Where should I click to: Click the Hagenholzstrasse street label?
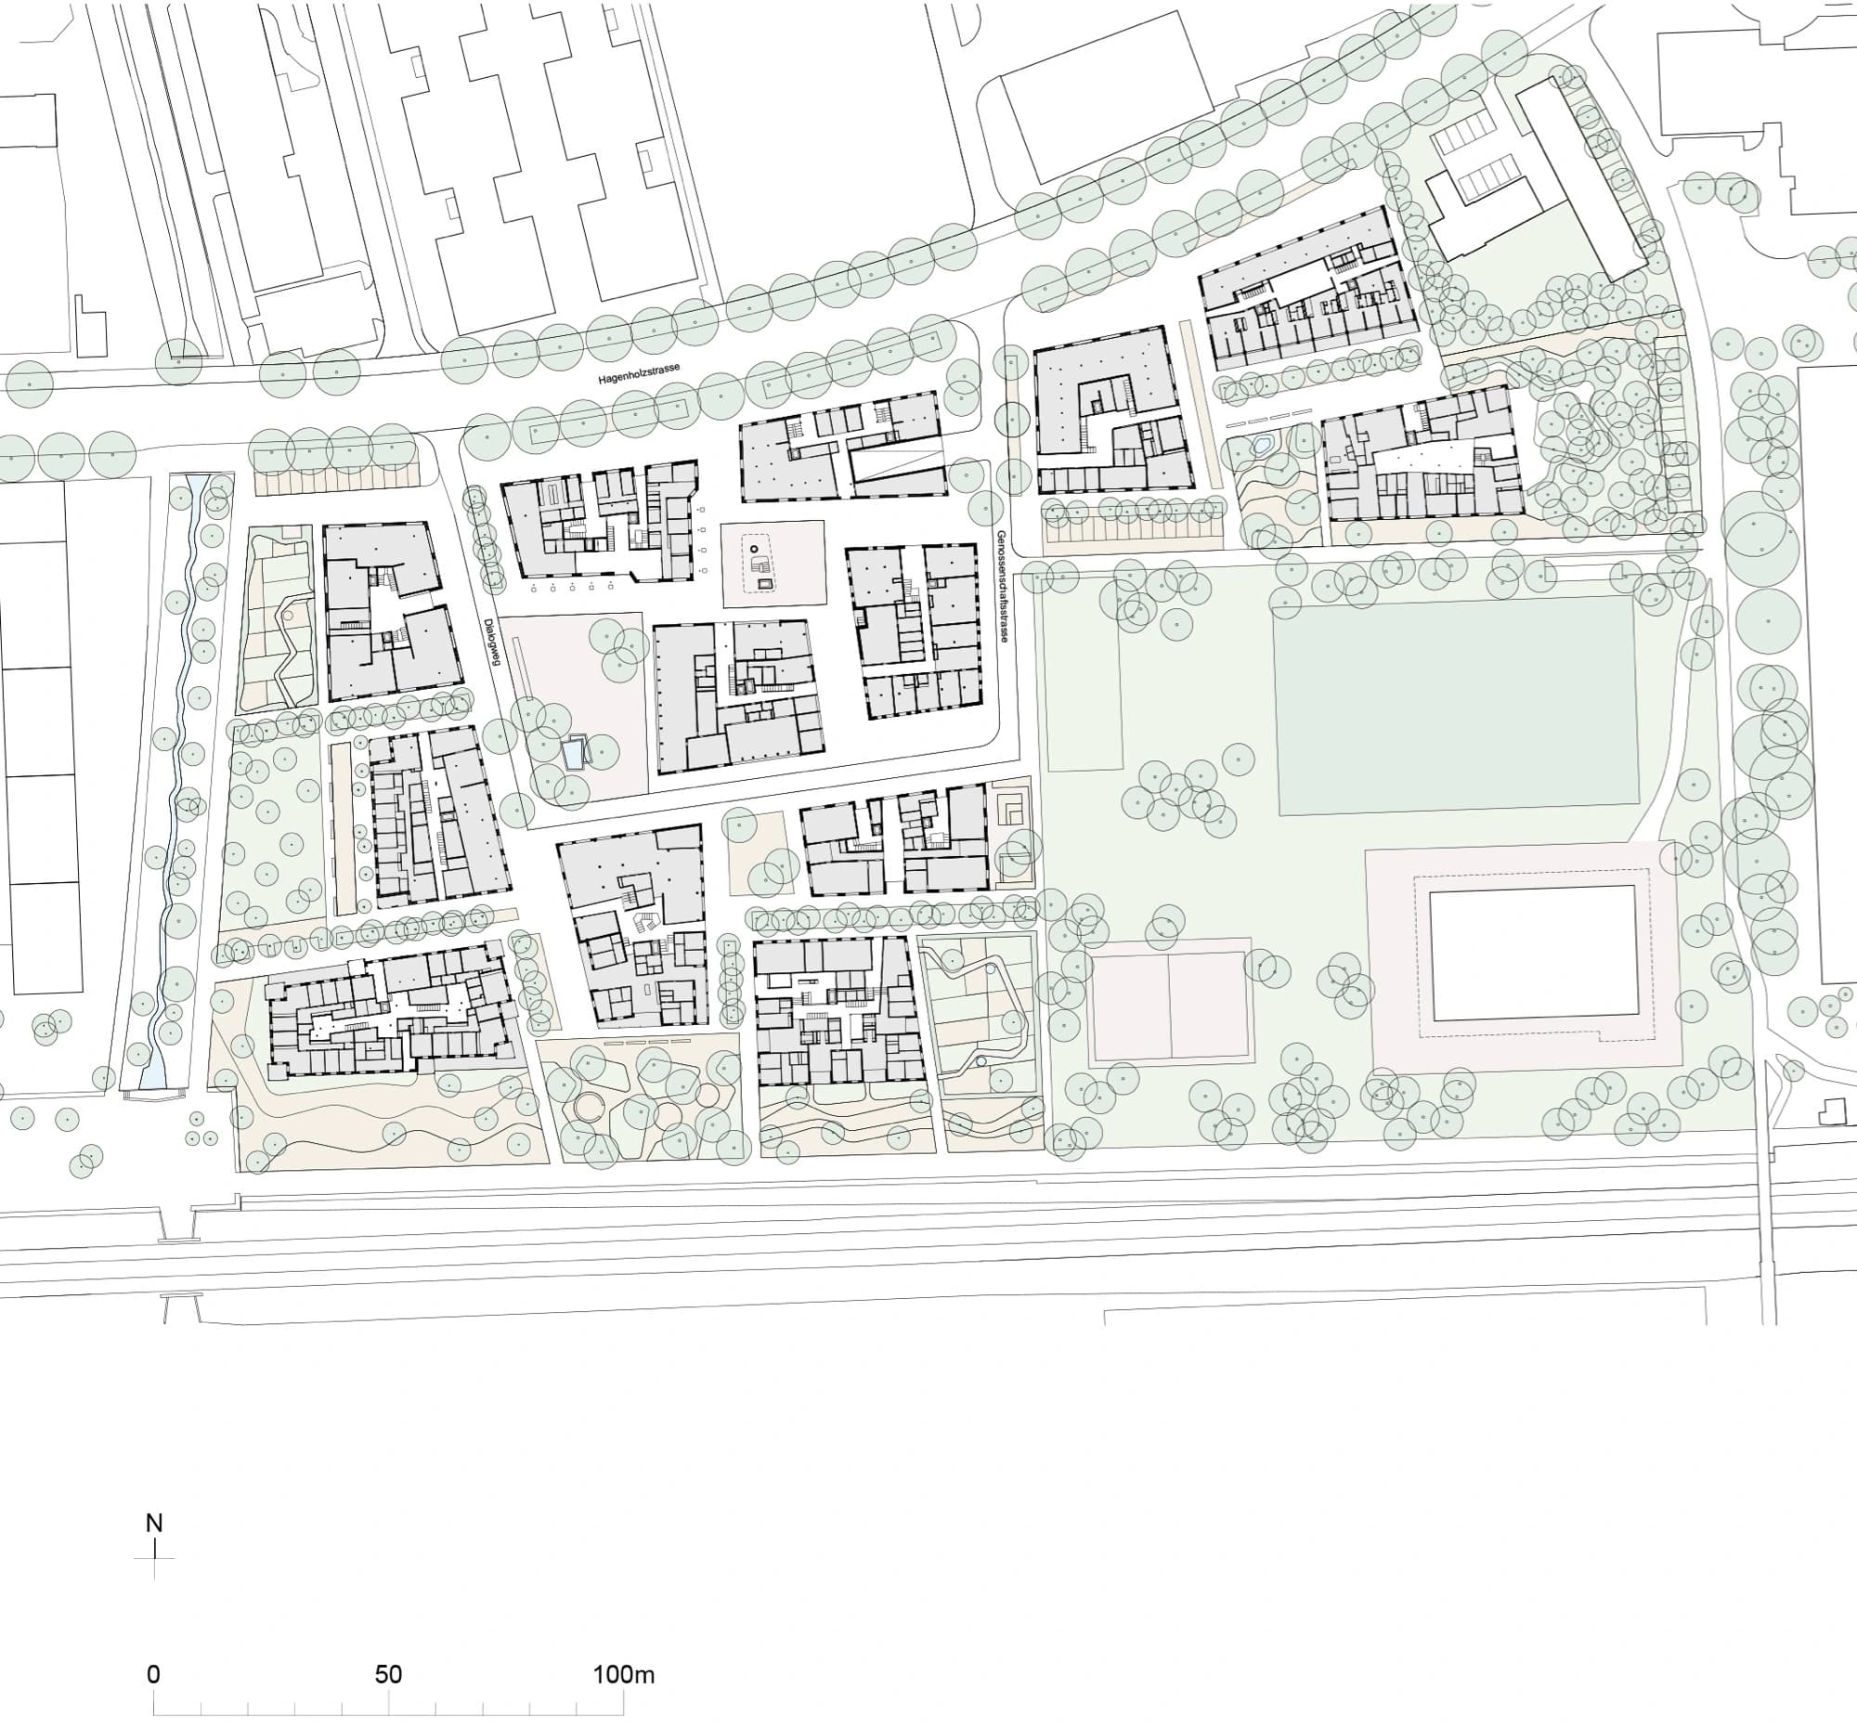[639, 374]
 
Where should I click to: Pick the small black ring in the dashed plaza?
[754, 548]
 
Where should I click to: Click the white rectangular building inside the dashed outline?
[1534, 953]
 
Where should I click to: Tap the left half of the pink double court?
[1129, 1006]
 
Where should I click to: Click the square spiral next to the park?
[1013, 811]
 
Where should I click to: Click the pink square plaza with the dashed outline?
[773, 564]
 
